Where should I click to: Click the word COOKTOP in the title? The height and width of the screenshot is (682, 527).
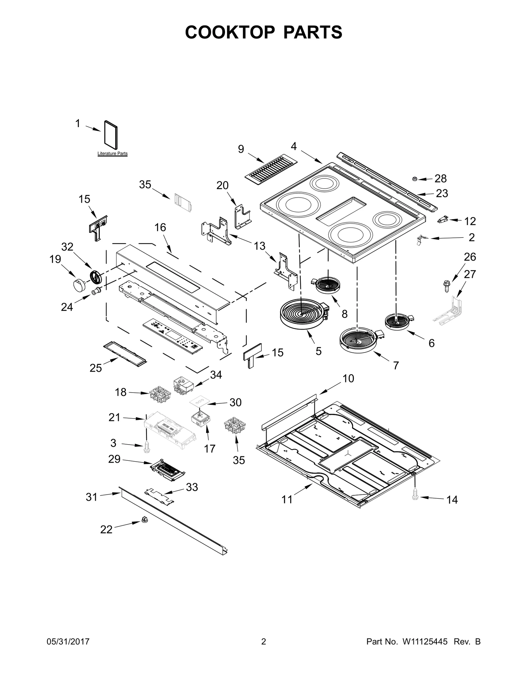pos(230,32)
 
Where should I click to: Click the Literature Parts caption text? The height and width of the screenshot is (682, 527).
pos(112,154)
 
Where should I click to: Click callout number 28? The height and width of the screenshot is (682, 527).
pos(440,178)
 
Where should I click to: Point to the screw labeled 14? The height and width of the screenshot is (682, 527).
pos(415,503)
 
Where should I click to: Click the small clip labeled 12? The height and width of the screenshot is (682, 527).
pos(443,220)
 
